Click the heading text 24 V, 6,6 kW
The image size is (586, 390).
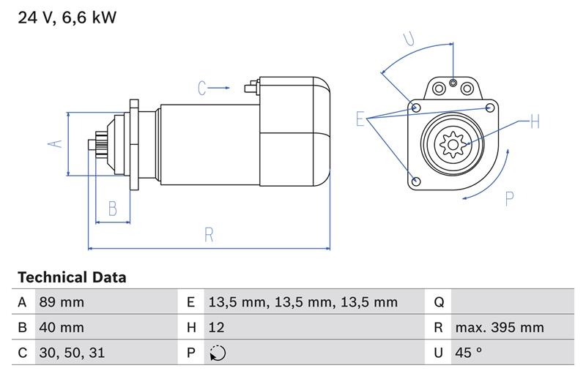point(67,18)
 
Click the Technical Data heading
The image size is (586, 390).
point(72,277)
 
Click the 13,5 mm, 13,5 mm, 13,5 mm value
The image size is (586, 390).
point(303,302)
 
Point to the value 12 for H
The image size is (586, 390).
point(216,327)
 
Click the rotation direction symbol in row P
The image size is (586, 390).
point(218,353)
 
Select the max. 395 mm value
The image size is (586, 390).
point(500,327)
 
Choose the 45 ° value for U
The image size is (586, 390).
point(468,353)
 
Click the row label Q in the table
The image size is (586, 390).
point(439,302)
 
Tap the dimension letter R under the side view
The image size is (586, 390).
point(209,235)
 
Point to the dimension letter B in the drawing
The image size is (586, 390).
point(113,209)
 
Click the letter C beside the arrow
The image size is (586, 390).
point(203,89)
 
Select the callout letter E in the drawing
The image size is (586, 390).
point(360,119)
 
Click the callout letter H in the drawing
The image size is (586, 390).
point(534,121)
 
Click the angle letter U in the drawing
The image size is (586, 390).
point(409,40)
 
